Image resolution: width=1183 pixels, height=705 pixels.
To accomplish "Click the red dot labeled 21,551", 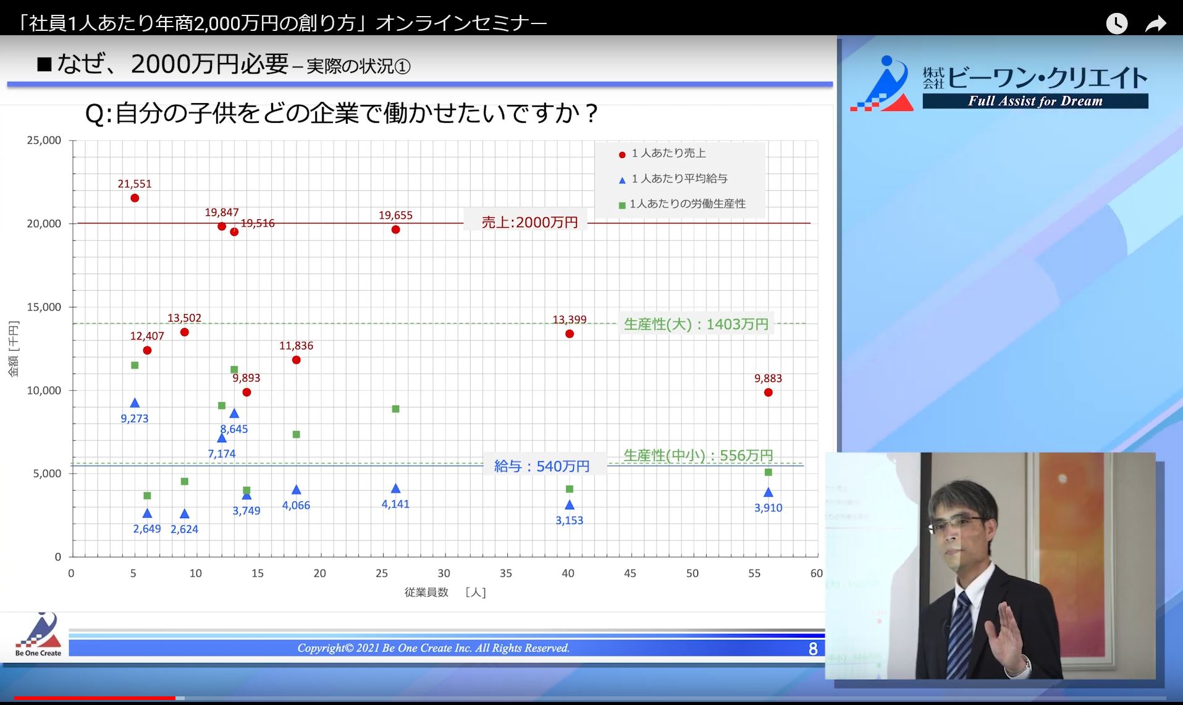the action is (x=135, y=198).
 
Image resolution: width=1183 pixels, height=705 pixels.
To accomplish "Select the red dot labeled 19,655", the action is (x=395, y=230).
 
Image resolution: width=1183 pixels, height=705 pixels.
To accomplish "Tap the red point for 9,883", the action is (x=768, y=393).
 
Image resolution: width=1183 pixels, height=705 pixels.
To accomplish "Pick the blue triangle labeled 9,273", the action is (x=135, y=403).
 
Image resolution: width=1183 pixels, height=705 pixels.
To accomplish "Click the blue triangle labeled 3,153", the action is (x=569, y=505).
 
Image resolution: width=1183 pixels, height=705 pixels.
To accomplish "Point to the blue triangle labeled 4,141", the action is (x=395, y=488).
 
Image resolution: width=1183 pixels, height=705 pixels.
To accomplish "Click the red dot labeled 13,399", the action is (x=569, y=334).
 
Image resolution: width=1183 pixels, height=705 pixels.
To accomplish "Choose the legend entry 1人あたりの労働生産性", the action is (x=682, y=204).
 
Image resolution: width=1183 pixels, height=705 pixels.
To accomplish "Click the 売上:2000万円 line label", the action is (x=529, y=222).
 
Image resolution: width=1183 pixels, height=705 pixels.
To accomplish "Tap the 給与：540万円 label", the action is (x=542, y=466).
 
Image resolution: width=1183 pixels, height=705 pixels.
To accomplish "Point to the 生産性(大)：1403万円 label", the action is (x=696, y=324).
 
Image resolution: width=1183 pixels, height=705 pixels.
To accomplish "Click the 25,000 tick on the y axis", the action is (x=44, y=141).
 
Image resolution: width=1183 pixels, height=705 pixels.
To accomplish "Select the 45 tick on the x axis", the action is (x=630, y=574).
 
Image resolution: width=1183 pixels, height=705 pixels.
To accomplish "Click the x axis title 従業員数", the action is (x=426, y=593).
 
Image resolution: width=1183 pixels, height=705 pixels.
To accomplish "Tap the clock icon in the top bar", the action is (x=1116, y=23).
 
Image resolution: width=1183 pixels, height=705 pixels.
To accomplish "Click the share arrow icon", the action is (x=1155, y=23).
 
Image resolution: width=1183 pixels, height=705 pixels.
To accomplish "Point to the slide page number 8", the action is (x=813, y=649).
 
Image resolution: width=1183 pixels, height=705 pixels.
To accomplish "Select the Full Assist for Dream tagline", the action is (x=1035, y=101).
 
